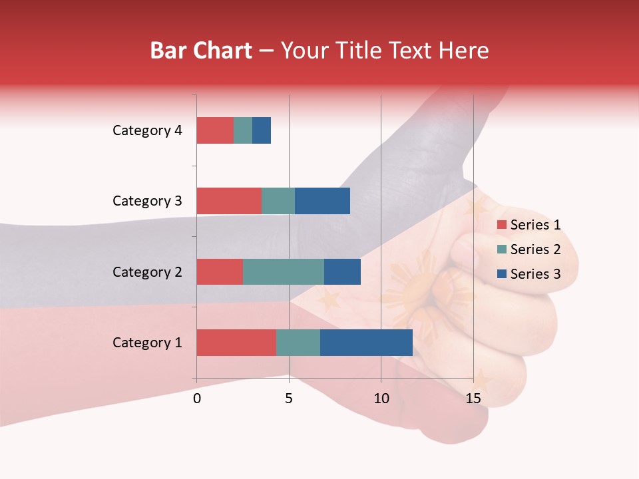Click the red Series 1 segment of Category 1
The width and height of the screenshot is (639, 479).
coord(236,342)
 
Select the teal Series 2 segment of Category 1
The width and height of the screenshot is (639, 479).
coord(298,342)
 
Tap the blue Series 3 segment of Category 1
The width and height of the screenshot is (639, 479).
coord(366,342)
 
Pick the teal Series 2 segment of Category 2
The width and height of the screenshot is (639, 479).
coord(284,271)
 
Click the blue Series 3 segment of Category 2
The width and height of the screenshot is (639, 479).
coord(342,271)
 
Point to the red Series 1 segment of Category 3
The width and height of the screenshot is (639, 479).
coord(229,201)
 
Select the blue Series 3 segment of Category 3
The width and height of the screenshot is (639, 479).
coord(322,201)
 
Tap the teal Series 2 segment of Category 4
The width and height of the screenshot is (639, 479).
coord(243,130)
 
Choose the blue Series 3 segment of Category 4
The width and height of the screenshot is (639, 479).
coord(262,130)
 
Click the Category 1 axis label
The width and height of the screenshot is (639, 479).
coord(147,343)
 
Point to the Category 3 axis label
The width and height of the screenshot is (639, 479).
coord(147,201)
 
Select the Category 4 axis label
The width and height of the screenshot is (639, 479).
coord(147,130)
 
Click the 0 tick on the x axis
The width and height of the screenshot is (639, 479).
coord(197,399)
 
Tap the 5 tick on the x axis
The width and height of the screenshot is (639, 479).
coord(289,399)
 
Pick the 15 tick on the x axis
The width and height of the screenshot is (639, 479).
coord(473,399)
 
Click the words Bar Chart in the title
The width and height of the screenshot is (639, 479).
coord(201,51)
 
